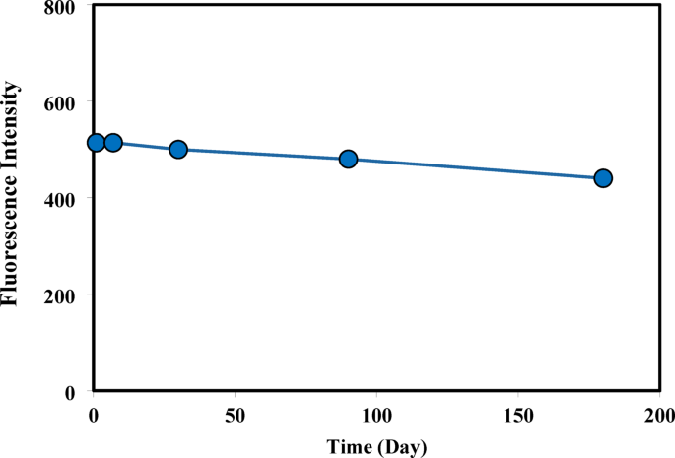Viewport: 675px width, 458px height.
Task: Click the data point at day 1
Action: pos(96,143)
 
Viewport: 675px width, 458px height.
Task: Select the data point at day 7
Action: pos(113,143)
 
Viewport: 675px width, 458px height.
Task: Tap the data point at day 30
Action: pos(178,150)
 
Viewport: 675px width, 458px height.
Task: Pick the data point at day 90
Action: pos(348,160)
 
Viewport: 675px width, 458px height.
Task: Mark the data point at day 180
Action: pos(603,178)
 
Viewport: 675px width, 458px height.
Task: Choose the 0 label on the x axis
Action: pos(93,412)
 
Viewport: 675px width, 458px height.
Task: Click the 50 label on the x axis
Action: pos(235,412)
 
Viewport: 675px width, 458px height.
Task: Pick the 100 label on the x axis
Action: pos(376,412)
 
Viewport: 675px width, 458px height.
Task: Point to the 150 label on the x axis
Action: pos(518,412)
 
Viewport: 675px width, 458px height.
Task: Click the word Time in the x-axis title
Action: pos(350,447)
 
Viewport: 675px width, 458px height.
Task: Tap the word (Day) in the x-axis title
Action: pos(402,447)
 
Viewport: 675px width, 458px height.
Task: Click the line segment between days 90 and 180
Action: pos(475,168)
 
